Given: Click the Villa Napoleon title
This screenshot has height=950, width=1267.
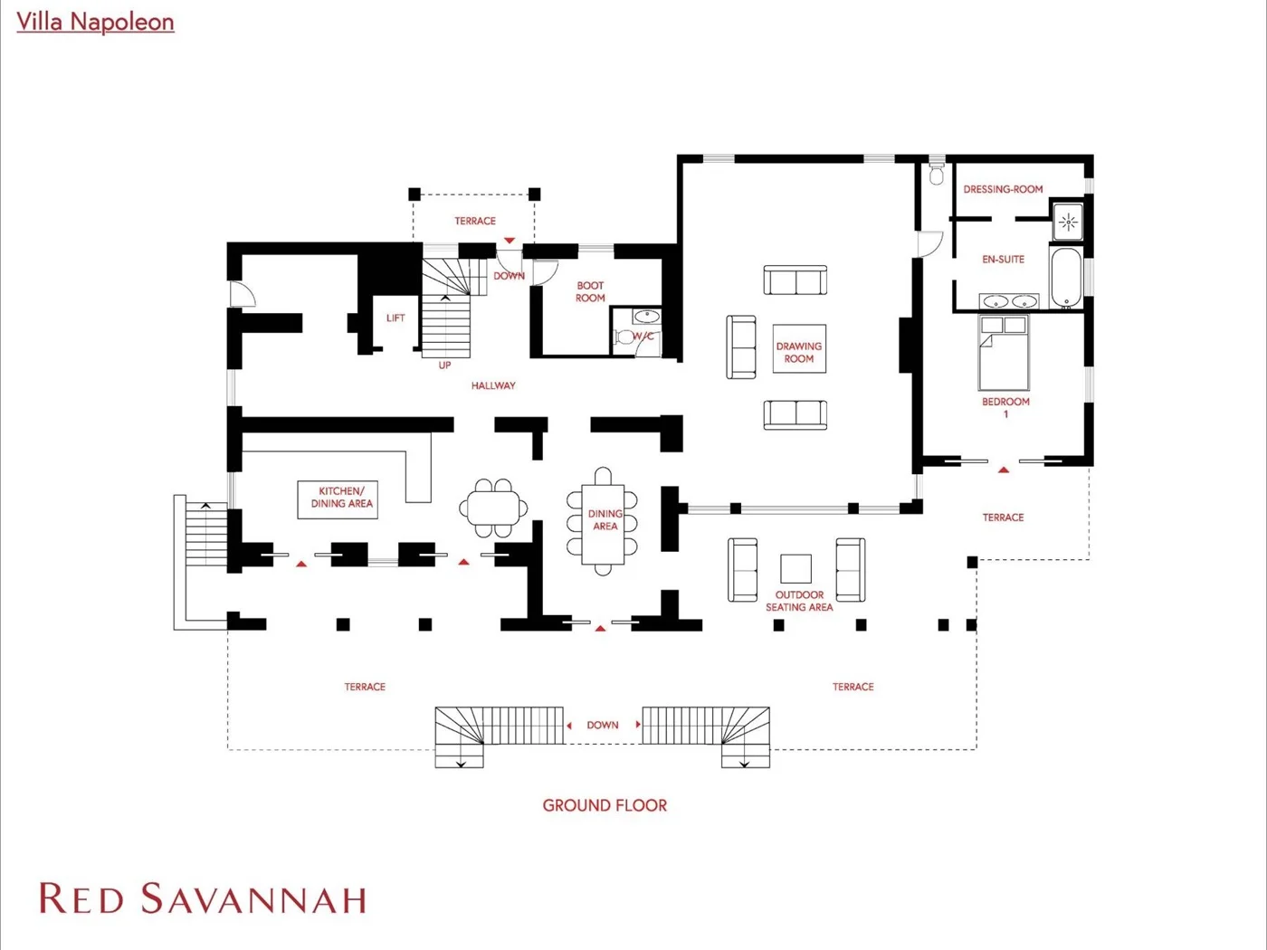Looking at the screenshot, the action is click(x=95, y=22).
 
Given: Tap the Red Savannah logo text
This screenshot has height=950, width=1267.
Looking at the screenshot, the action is click(x=203, y=898).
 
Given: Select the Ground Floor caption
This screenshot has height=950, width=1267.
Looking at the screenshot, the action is click(x=605, y=805).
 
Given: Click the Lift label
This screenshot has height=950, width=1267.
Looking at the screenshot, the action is click(x=395, y=318).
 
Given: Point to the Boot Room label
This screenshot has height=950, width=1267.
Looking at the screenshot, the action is click(x=590, y=292).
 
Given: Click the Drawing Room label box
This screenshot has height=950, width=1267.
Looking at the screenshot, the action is click(x=799, y=349).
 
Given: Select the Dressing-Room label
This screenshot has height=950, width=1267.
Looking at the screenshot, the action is click(x=1003, y=189).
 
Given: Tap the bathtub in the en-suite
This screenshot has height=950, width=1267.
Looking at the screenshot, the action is click(x=1065, y=278).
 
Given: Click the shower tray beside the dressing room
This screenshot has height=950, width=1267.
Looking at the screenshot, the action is click(x=1067, y=222).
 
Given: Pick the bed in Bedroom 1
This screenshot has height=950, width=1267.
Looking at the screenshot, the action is click(x=1004, y=353).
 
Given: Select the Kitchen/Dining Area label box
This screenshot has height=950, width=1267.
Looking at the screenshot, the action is click(x=338, y=499).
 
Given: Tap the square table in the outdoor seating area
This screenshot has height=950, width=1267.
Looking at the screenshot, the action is click(x=795, y=569).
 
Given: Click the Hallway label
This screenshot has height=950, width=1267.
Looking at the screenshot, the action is click(x=493, y=385).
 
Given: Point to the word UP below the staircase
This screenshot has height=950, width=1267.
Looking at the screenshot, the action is click(x=444, y=366).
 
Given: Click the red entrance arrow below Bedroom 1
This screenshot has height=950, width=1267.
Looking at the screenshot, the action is click(x=1004, y=470).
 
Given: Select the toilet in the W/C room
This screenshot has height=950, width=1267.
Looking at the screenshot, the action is click(x=624, y=337).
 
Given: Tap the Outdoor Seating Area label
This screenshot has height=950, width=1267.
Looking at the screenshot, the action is click(x=799, y=601).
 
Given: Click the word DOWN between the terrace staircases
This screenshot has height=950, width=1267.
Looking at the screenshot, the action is click(x=603, y=725).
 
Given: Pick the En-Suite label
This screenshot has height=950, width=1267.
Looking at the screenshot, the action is click(x=1004, y=260).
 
